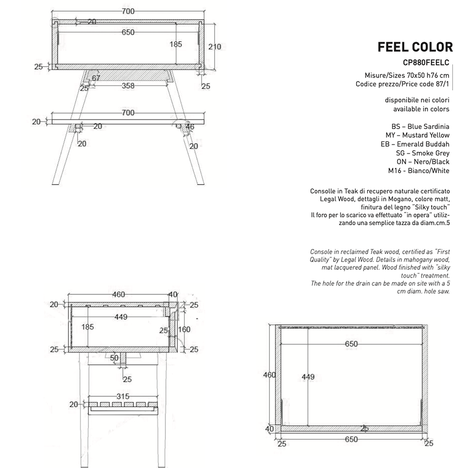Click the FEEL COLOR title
coord(414,47)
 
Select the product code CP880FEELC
coord(425,63)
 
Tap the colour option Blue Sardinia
coord(420,126)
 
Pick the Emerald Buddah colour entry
coord(415,144)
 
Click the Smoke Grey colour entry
coord(422,153)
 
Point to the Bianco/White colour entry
coord(419,171)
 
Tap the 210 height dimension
coord(214,47)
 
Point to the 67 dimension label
coord(96,78)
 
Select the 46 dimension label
coord(189,126)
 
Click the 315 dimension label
coord(123,396)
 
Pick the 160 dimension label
coord(184,329)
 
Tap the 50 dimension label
coord(114,358)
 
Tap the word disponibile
coord(404,100)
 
